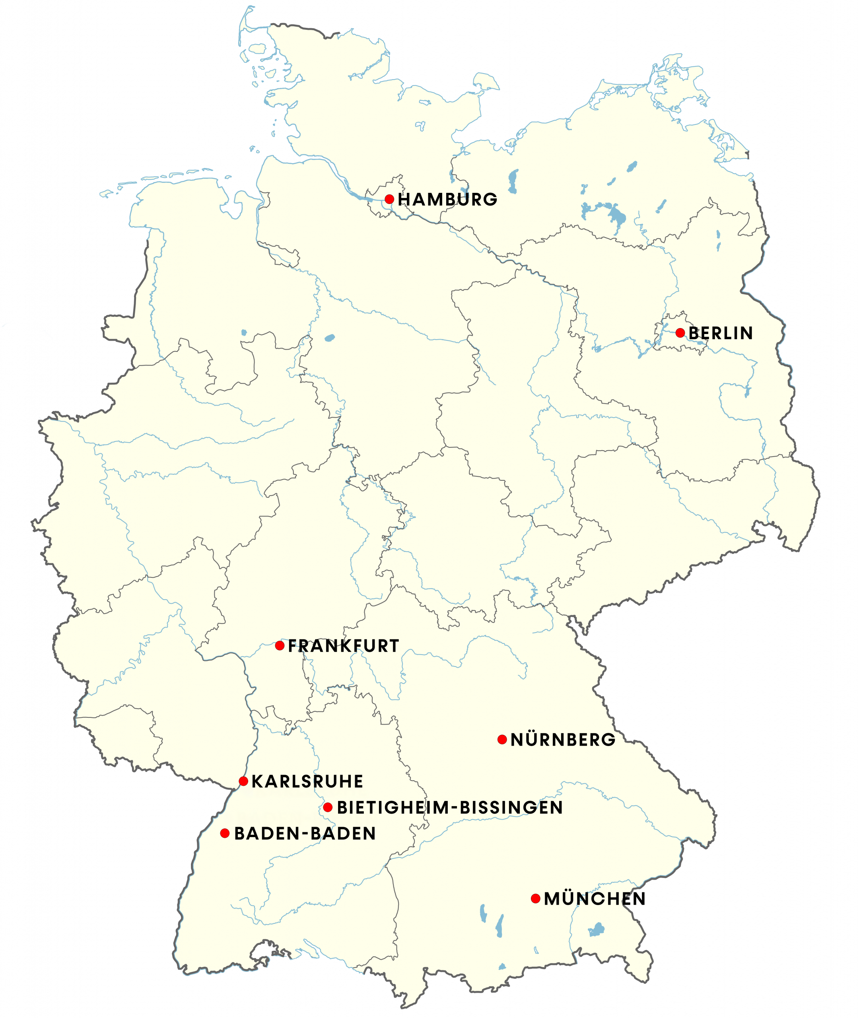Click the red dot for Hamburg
pos(389,199)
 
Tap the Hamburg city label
pos(447,200)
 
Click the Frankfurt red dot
pos(280,645)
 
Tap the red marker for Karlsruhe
pos(243,781)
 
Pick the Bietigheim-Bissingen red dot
pos(328,808)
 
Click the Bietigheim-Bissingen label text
pos(450,808)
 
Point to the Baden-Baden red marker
pos(224,833)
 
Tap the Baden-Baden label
pos(305,833)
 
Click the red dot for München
pos(536,899)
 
